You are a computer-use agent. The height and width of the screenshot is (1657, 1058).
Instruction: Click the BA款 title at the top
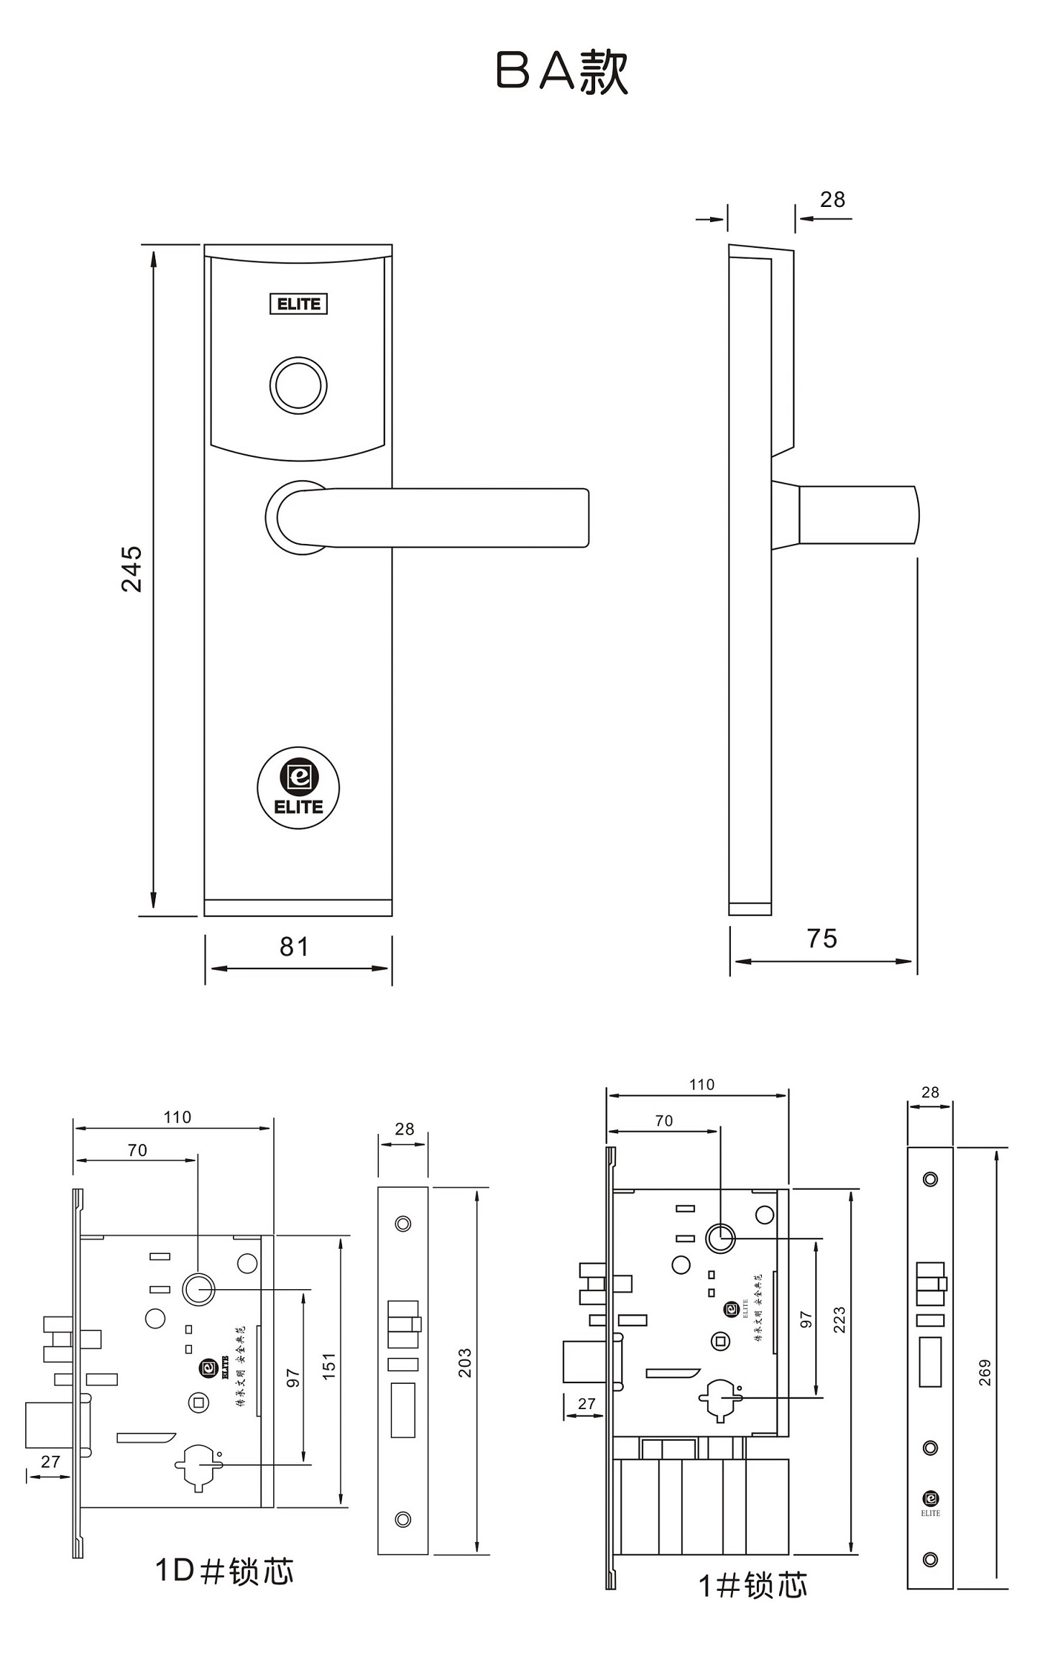(562, 72)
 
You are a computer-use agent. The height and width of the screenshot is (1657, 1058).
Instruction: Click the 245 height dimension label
(132, 568)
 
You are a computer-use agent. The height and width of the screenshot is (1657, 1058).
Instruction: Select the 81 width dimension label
(295, 947)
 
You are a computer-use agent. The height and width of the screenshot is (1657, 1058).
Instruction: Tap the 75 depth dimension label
(822, 938)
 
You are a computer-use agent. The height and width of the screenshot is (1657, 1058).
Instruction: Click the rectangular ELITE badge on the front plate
(298, 304)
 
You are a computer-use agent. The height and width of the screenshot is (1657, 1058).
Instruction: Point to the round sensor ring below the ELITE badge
(298, 385)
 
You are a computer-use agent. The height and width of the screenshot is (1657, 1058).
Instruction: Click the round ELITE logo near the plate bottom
(298, 788)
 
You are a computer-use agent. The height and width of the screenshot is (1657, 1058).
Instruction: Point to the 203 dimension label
(465, 1363)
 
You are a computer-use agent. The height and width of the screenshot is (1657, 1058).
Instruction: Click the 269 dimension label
(985, 1372)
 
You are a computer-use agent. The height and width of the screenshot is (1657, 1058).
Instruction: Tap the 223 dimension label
(839, 1320)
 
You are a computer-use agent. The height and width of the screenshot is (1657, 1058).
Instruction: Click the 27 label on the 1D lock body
(50, 1462)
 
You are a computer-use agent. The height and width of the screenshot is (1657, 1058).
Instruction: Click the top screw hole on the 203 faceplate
(403, 1224)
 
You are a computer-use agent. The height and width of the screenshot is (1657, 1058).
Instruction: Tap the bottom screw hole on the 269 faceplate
(930, 1559)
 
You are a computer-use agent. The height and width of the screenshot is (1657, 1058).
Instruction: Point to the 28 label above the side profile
(832, 200)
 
